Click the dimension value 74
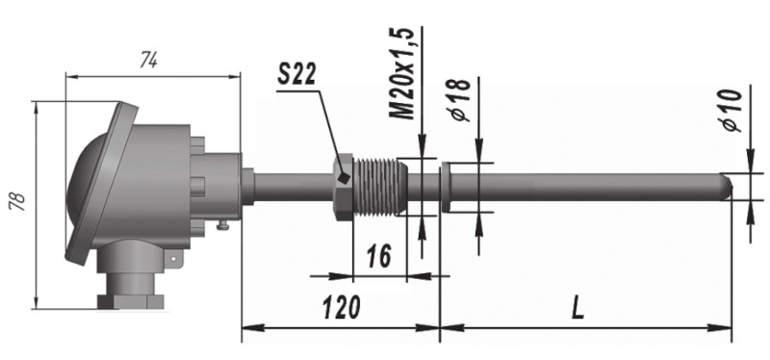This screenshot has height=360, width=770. click(x=148, y=61)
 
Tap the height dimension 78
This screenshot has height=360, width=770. click(x=18, y=201)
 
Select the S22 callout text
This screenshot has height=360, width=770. click(x=296, y=74)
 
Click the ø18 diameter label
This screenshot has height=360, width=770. click(x=460, y=100)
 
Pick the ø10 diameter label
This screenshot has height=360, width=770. click(x=731, y=111)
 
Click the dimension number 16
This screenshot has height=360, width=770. click(x=379, y=255)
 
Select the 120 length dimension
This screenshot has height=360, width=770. click(x=342, y=308)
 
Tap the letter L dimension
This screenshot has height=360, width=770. click(x=578, y=308)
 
